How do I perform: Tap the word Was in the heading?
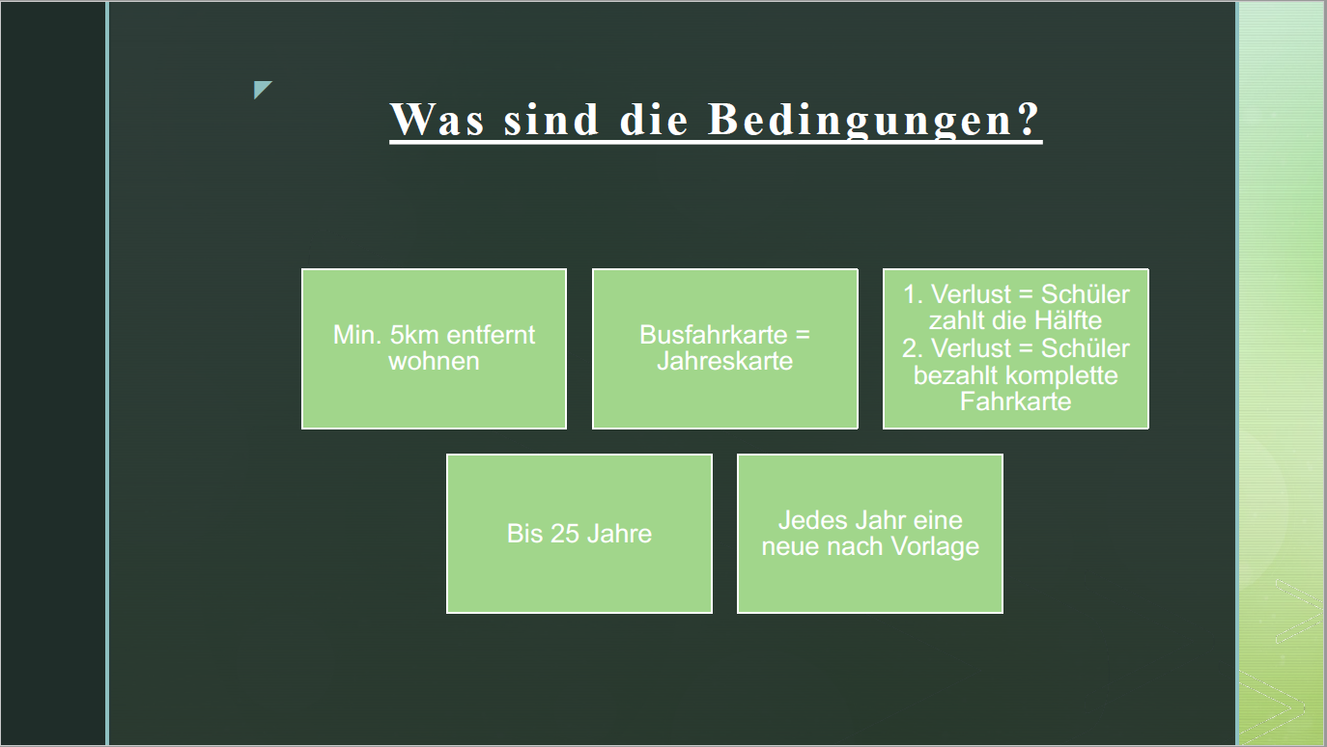[438, 120]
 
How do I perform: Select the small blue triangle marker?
[263, 90]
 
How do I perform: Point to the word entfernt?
[491, 335]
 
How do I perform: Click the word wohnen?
[434, 361]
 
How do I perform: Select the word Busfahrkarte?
[714, 335]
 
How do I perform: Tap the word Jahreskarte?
[724, 361]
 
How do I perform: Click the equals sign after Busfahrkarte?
[803, 336]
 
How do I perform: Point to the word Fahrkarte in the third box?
[1015, 401]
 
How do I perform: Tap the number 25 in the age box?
[565, 534]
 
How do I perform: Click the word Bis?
[524, 534]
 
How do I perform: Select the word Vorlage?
[935, 547]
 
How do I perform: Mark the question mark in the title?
[1030, 119]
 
